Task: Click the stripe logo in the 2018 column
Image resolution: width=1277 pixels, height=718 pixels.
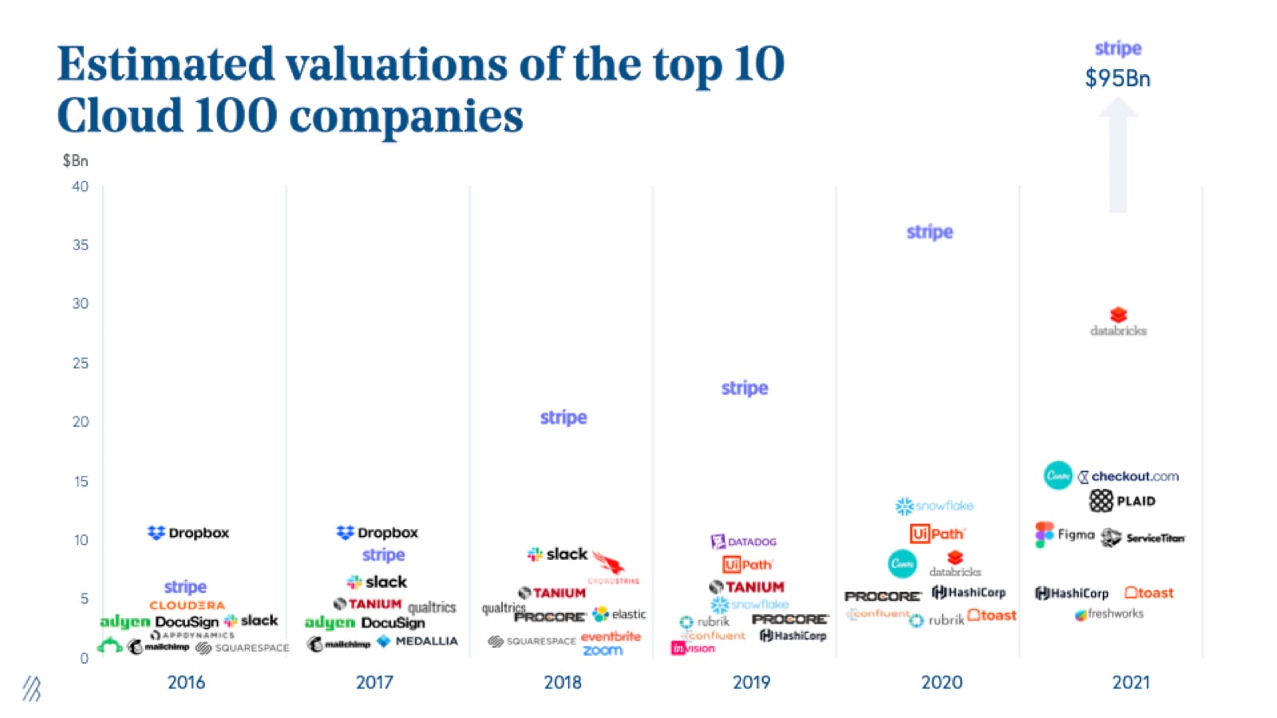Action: click(x=563, y=417)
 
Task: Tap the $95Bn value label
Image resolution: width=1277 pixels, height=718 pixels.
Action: click(x=1117, y=78)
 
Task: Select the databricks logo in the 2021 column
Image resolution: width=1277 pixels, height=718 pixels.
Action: click(x=1118, y=322)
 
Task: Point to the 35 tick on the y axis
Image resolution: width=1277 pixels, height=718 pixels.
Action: click(x=81, y=245)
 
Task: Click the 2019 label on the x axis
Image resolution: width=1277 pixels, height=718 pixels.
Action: click(x=751, y=682)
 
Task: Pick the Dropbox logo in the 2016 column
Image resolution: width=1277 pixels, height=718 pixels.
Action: click(x=188, y=532)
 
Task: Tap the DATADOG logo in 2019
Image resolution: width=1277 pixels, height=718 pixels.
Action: click(x=743, y=542)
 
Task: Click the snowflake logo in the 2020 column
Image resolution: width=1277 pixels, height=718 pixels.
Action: click(x=934, y=506)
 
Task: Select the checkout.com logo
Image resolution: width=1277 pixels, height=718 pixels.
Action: click(x=1128, y=476)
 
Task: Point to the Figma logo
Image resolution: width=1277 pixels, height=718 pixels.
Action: click(x=1065, y=535)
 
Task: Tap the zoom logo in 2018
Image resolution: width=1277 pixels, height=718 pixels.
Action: click(x=603, y=650)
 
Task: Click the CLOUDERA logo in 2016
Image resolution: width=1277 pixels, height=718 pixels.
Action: click(x=187, y=606)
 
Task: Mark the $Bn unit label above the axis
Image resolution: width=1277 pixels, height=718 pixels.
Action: click(x=75, y=160)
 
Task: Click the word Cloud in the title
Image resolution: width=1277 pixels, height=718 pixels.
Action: click(x=120, y=116)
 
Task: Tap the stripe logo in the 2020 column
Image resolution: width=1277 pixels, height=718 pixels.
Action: click(x=930, y=232)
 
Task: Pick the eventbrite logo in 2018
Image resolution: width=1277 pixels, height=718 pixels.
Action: click(x=611, y=637)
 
